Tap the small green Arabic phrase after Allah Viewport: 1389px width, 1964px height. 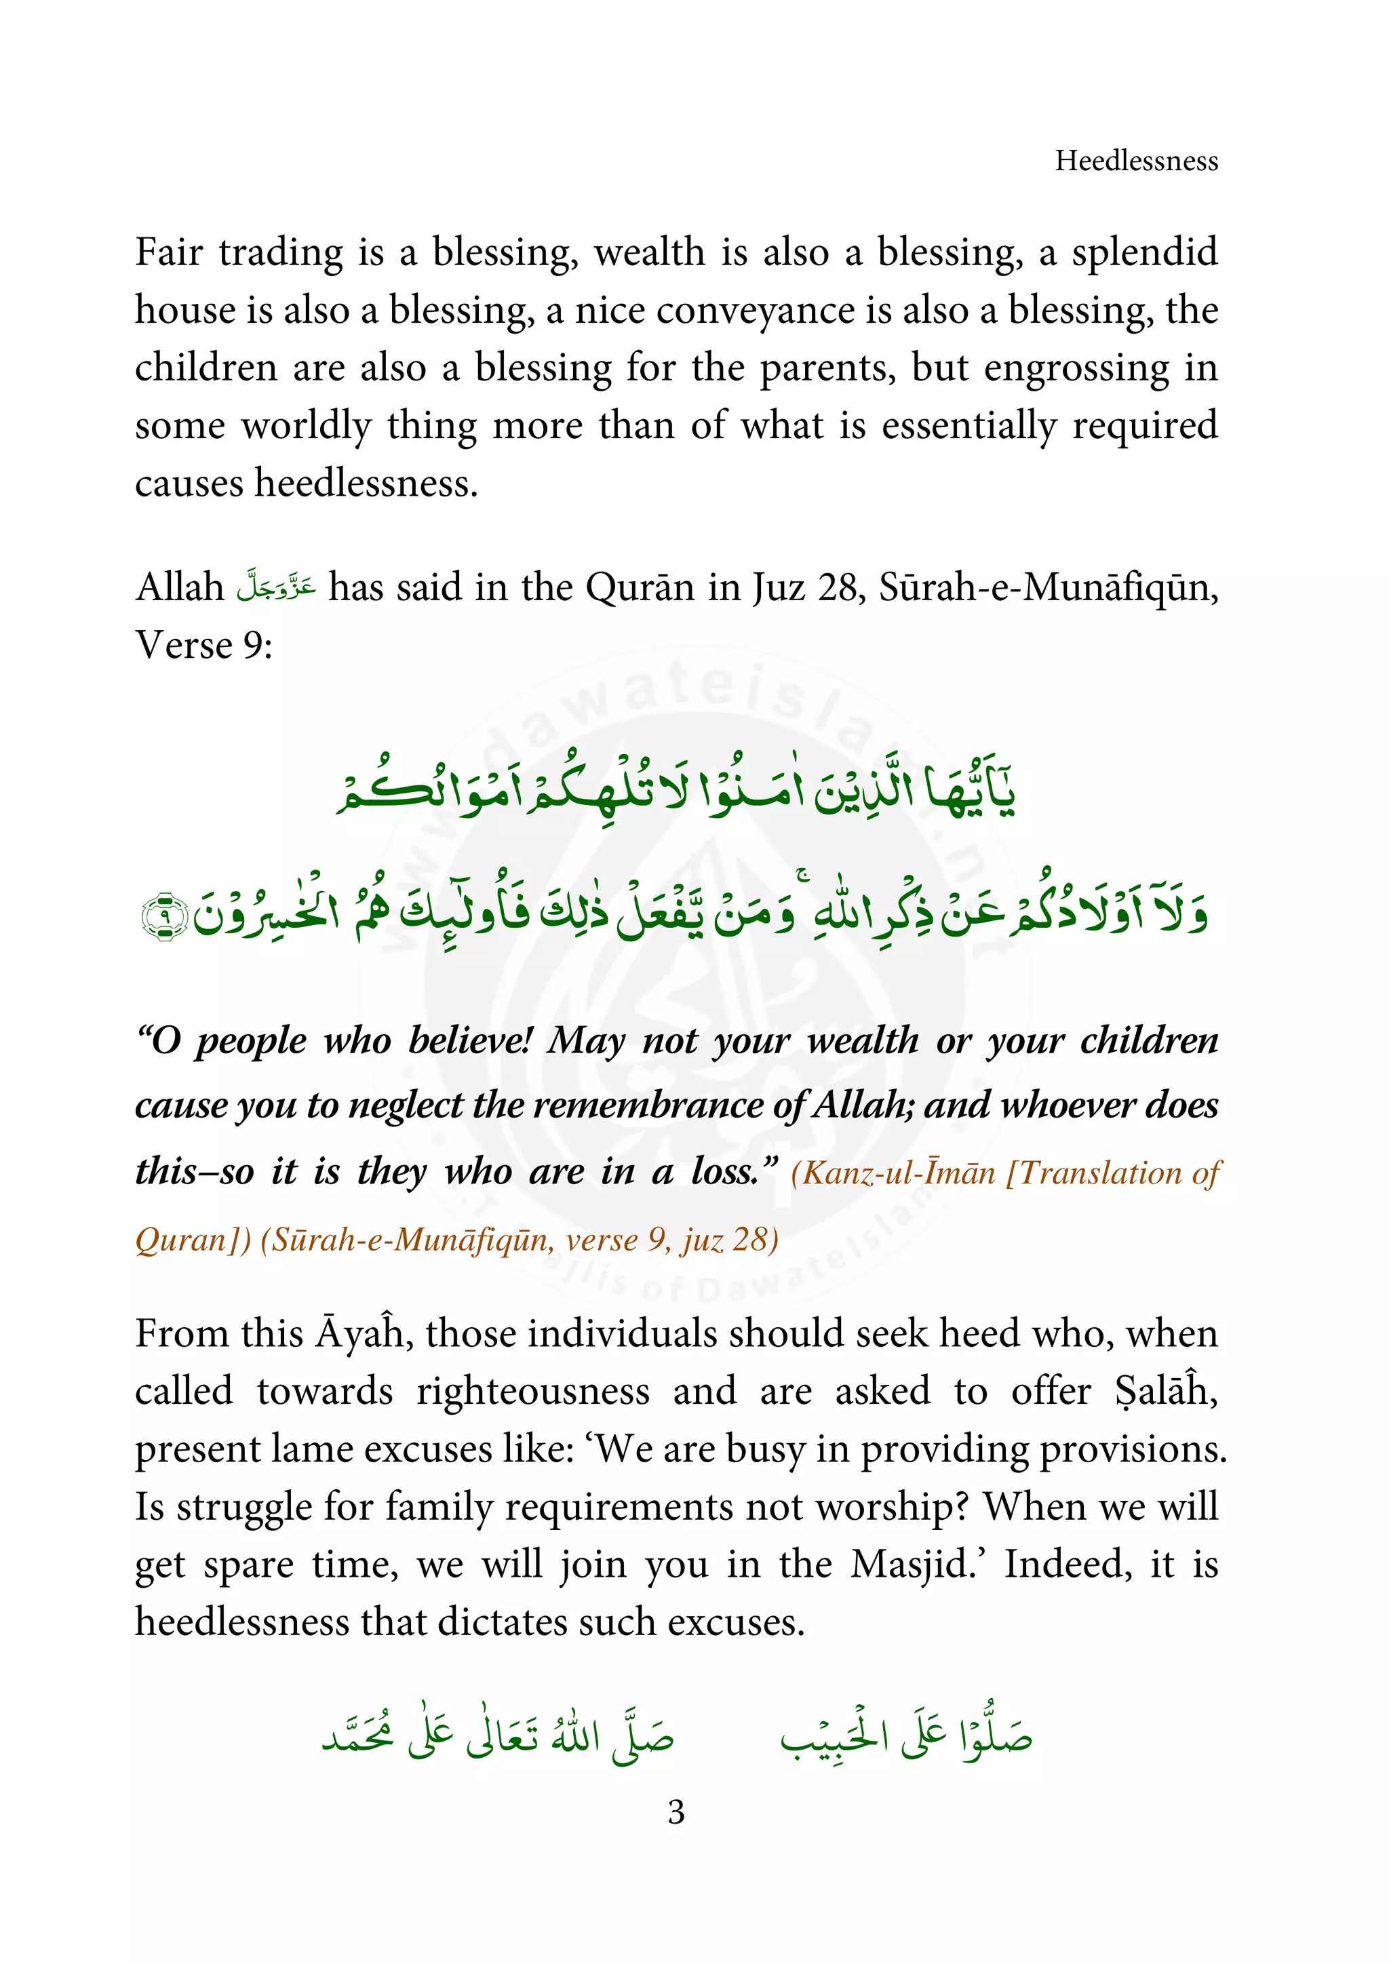click(x=275, y=587)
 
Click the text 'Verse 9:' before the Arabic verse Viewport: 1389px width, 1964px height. click(x=203, y=645)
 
